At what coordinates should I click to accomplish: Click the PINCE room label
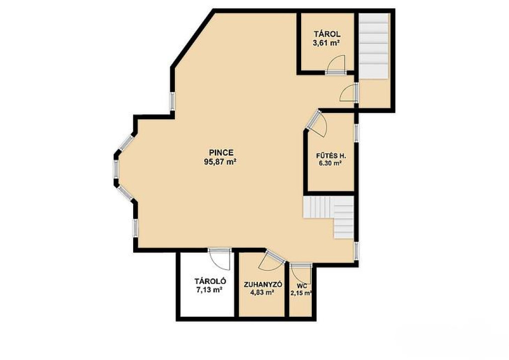pyautogui.click(x=221, y=152)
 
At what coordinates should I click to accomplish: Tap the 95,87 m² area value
pyautogui.click(x=220, y=162)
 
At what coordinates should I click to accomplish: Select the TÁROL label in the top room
pyautogui.click(x=327, y=34)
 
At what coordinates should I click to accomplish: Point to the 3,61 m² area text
pyautogui.click(x=326, y=43)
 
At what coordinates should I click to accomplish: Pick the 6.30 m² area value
pyautogui.click(x=330, y=164)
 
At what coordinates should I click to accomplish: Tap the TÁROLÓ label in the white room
pyautogui.click(x=210, y=281)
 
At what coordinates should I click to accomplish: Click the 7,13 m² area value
pyautogui.click(x=209, y=290)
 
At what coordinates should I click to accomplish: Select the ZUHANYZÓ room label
pyautogui.click(x=263, y=284)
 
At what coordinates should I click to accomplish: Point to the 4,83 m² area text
pyautogui.click(x=261, y=292)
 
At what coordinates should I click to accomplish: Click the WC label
pyautogui.click(x=302, y=286)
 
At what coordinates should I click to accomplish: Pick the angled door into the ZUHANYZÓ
pyautogui.click(x=272, y=260)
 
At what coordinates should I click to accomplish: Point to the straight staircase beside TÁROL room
pyautogui.click(x=374, y=46)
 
